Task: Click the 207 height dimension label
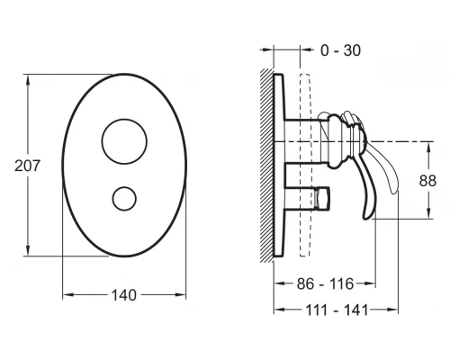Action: click(x=27, y=166)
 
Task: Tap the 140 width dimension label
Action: click(x=124, y=295)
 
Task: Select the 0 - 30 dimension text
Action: click(x=340, y=50)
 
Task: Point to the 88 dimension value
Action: click(x=427, y=181)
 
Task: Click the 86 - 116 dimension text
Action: click(x=325, y=283)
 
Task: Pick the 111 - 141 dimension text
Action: click(x=337, y=310)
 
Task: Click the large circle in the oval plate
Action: click(x=124, y=119)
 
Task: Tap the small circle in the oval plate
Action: click(x=124, y=186)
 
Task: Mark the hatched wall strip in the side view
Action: click(x=266, y=166)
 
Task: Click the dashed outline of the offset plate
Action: click(x=300, y=166)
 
